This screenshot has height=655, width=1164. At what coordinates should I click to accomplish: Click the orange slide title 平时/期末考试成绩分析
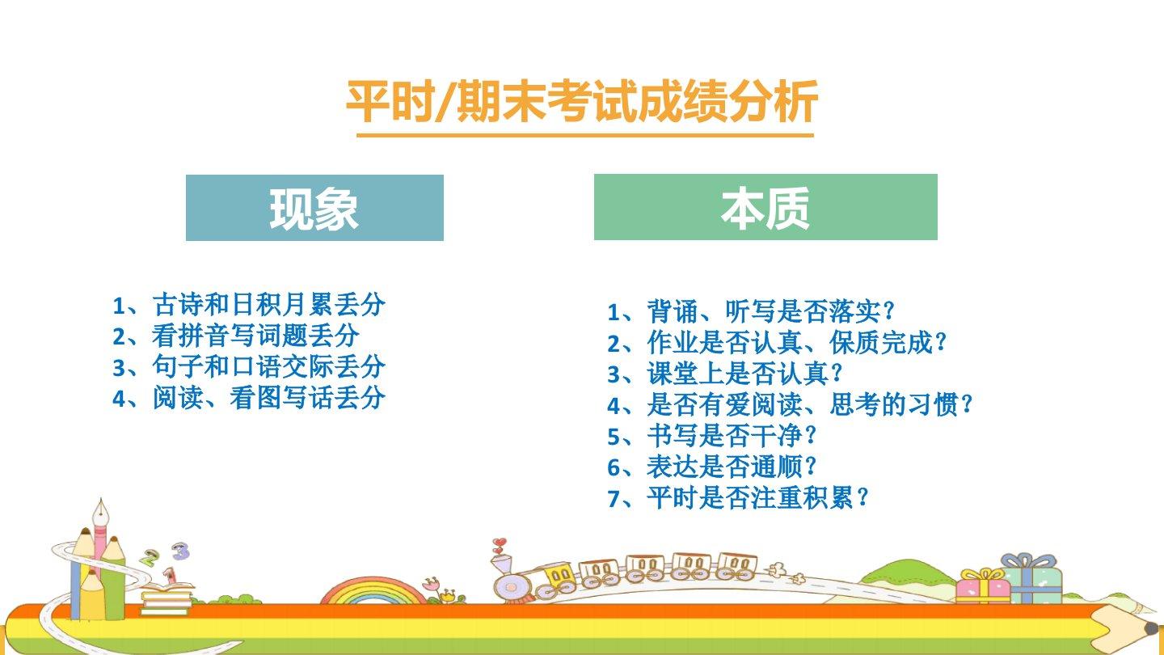[582, 101]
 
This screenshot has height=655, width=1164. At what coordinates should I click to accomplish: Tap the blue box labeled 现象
[314, 207]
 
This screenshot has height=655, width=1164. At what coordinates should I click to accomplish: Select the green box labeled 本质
[765, 207]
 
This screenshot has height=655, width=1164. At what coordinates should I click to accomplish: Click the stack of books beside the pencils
[166, 599]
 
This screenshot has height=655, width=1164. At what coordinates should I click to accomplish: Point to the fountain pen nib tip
[101, 498]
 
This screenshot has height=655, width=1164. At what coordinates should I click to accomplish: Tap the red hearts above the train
[499, 545]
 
